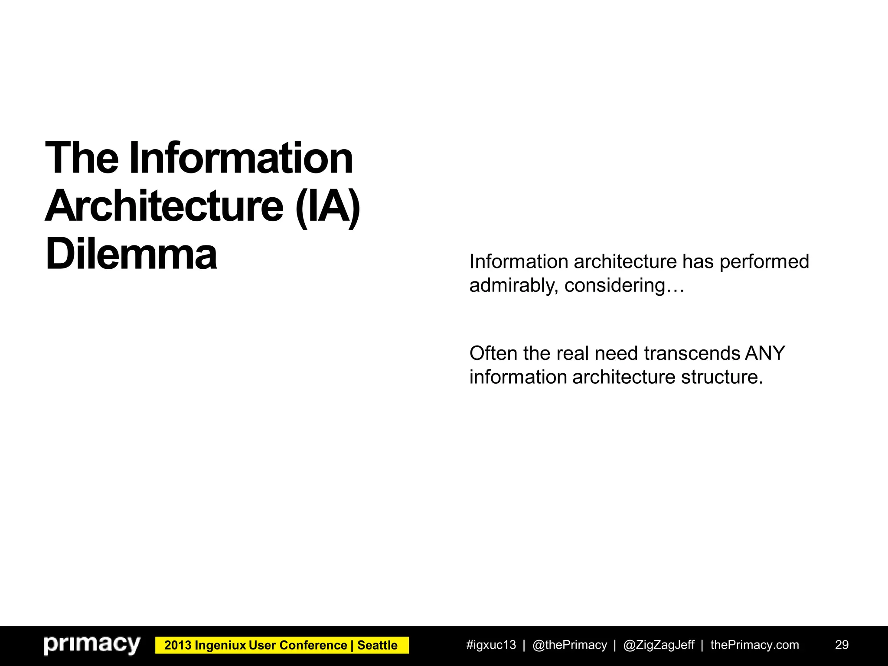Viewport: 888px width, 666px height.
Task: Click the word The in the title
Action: click(82, 158)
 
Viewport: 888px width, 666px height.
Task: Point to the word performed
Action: click(764, 261)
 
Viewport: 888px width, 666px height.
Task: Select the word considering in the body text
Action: click(615, 286)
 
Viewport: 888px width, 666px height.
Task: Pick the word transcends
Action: click(692, 353)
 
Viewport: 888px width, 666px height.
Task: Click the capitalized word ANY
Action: click(765, 353)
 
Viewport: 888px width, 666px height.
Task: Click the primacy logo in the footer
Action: click(92, 645)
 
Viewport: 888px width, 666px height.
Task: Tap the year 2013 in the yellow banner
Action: click(178, 645)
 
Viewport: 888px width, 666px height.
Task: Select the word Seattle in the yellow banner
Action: click(377, 645)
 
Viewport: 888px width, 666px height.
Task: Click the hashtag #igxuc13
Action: click(491, 645)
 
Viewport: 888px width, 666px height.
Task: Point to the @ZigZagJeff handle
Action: click(659, 645)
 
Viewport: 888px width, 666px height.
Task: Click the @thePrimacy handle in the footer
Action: click(569, 645)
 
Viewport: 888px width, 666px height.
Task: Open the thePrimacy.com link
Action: click(754, 645)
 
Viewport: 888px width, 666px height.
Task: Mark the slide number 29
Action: click(842, 645)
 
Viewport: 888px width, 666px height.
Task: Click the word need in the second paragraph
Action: click(617, 353)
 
